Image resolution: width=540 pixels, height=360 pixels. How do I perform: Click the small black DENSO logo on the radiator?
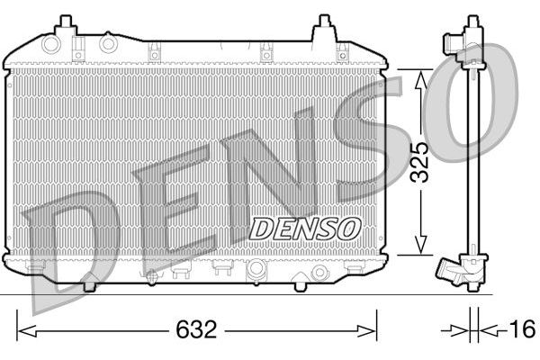coord(304,229)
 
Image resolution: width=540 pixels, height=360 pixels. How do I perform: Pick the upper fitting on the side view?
coord(470,40)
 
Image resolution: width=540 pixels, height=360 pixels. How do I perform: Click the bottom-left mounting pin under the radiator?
coord(89,284)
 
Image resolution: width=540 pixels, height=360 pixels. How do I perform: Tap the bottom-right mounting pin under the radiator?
coord(299,284)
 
